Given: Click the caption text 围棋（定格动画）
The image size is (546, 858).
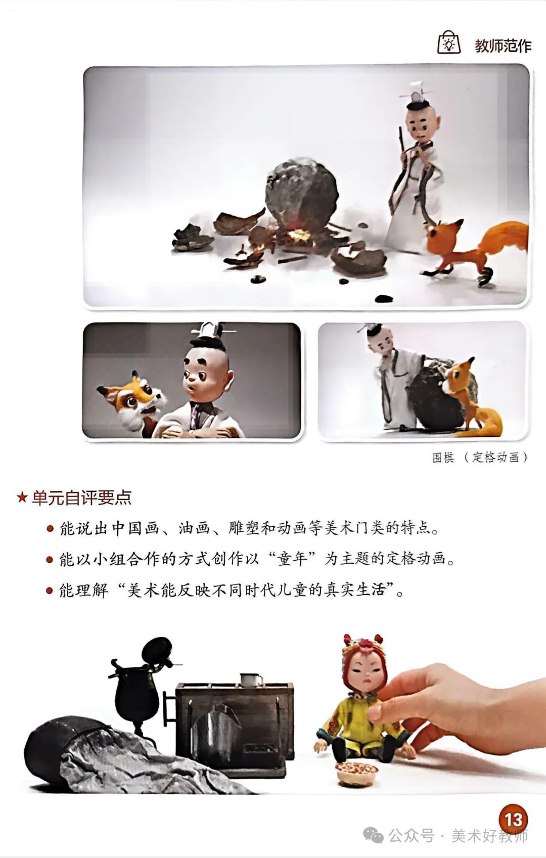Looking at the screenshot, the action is (480, 457).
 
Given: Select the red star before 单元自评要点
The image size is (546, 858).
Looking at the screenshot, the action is (22, 498).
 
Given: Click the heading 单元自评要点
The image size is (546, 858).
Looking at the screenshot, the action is (81, 498).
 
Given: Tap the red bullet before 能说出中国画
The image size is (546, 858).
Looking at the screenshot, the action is (50, 529).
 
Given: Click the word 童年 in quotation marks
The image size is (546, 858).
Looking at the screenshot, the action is (292, 559).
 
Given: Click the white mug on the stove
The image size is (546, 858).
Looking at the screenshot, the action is (251, 680).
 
